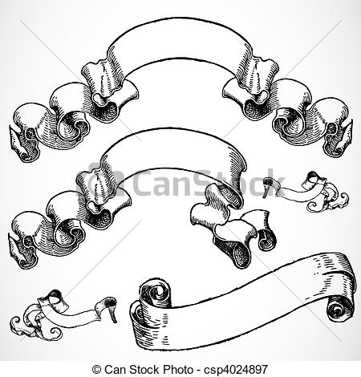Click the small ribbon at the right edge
309,212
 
